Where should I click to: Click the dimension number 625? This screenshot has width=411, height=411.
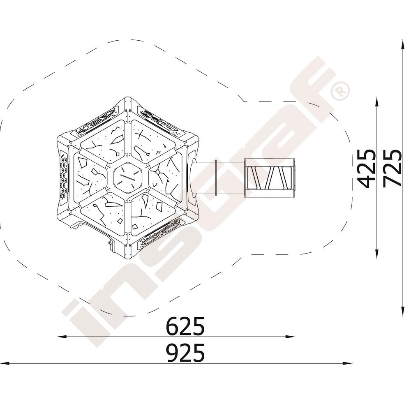pyautogui.click(x=185, y=326)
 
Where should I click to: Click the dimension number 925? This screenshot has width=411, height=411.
pyautogui.click(x=185, y=353)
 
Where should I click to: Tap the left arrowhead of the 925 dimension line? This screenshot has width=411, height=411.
pyautogui.click(x=5, y=363)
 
